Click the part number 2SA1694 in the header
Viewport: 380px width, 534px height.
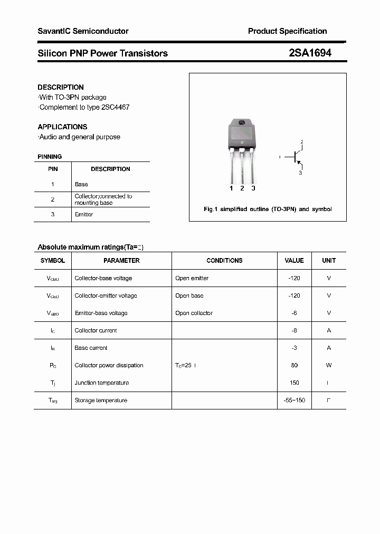[310, 53]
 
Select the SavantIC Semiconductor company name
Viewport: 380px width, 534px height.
[83, 31]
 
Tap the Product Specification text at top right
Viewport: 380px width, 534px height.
[287, 31]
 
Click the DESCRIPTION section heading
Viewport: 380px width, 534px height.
[61, 87]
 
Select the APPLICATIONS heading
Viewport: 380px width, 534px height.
[62, 127]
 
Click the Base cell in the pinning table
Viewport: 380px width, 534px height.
[81, 184]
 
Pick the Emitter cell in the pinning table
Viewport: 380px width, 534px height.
[84, 214]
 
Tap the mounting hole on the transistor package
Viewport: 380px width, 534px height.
[242, 123]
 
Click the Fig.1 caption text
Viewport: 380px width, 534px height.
[268, 209]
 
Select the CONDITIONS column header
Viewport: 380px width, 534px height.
[224, 261]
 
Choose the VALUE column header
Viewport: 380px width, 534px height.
[294, 261]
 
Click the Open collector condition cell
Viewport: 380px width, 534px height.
[194, 313]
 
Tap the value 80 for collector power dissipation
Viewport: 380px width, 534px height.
[294, 365]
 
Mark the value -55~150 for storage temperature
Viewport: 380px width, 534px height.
[294, 400]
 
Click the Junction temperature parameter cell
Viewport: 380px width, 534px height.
[101, 383]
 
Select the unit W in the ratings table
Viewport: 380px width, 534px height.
[328, 365]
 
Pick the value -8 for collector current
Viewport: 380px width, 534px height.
[294, 330]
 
